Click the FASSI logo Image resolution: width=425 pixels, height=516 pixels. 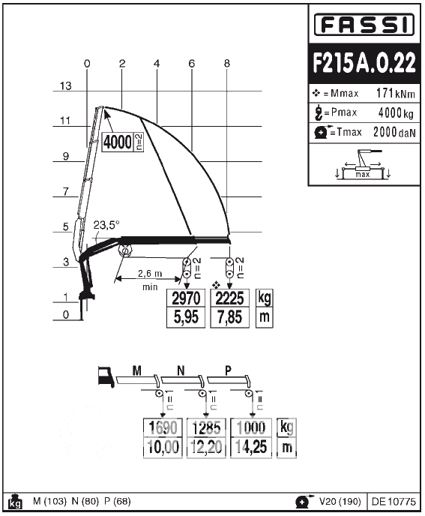364,24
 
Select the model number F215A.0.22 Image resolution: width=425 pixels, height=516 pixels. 364,63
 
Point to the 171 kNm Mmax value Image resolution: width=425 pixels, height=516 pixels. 396,94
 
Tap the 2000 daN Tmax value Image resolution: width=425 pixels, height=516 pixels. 394,132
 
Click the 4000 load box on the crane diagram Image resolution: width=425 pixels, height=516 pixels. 118,142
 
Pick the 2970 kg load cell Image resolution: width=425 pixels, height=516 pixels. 186,298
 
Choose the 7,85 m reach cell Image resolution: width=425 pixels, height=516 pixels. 229,317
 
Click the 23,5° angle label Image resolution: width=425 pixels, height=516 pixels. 106,225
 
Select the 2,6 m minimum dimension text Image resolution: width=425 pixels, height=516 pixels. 150,274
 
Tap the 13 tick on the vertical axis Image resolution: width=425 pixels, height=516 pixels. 65,86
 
